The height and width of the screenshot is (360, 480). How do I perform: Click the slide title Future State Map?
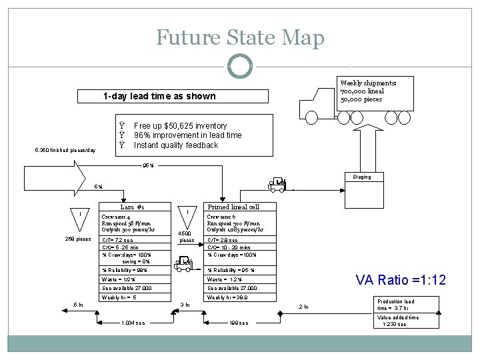(240, 37)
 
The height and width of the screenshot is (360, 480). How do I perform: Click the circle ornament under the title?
(240, 65)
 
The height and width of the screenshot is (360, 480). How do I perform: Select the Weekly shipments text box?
(369, 91)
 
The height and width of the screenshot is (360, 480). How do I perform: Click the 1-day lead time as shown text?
(159, 96)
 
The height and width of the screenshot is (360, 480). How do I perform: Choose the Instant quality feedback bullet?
(175, 145)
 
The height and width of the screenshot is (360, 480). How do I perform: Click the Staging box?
(363, 177)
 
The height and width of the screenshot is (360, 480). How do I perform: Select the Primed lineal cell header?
(234, 207)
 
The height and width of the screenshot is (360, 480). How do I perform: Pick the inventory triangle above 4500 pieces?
(189, 213)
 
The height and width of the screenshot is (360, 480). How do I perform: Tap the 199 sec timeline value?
(238, 323)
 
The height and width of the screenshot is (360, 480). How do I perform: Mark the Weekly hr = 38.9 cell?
(233, 297)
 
